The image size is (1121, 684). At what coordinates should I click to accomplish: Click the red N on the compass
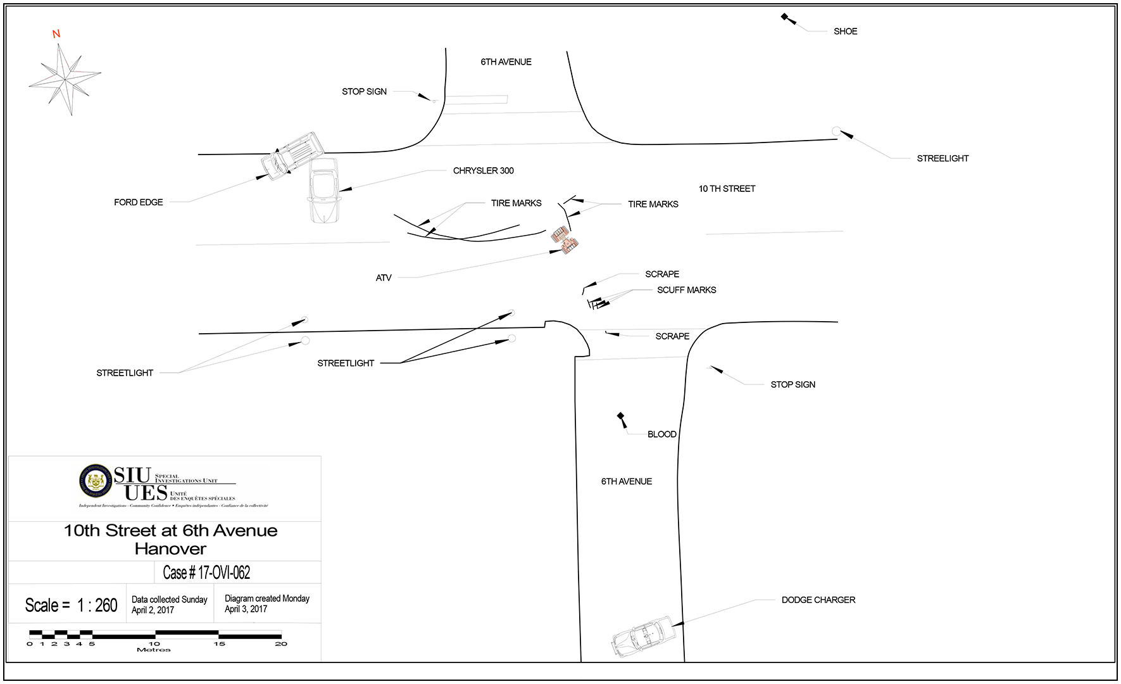(56, 34)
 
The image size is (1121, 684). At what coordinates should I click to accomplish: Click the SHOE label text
(845, 31)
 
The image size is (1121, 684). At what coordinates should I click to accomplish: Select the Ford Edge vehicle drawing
(292, 155)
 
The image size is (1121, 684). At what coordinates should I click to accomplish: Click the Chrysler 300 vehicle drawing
(323, 189)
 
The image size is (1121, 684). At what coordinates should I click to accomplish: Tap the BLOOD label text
(661, 434)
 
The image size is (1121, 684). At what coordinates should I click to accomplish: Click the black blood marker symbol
(621, 417)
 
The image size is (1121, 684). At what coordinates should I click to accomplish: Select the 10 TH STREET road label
(727, 189)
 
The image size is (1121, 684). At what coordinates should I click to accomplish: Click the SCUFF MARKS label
(686, 290)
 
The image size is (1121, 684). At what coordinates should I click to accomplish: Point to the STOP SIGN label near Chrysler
(364, 92)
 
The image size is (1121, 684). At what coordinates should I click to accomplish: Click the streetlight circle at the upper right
(836, 132)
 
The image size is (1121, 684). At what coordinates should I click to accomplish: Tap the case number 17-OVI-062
(206, 573)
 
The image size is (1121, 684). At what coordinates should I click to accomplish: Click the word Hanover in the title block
(170, 548)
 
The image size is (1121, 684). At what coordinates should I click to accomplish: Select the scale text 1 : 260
(97, 605)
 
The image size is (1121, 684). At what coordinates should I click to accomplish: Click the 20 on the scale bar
(281, 644)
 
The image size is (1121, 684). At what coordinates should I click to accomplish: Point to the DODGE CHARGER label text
(818, 600)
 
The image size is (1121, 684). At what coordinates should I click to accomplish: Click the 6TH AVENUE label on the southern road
(626, 481)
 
